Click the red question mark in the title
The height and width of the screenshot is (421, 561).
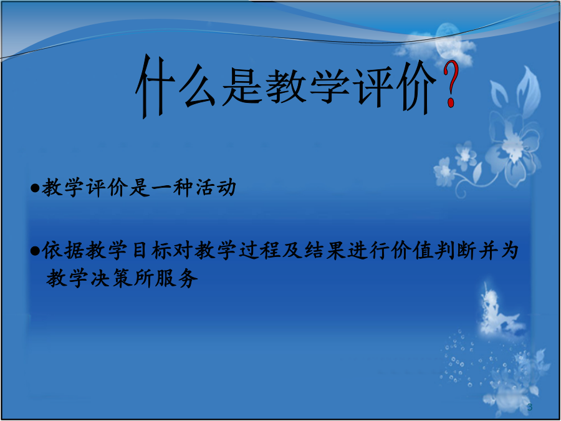451,85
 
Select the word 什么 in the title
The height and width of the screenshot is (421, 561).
175,86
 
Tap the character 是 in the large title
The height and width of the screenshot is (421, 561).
242,86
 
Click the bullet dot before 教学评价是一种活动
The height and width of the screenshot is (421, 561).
35,188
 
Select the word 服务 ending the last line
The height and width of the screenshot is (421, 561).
176,278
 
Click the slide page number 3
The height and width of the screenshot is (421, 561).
530,407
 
